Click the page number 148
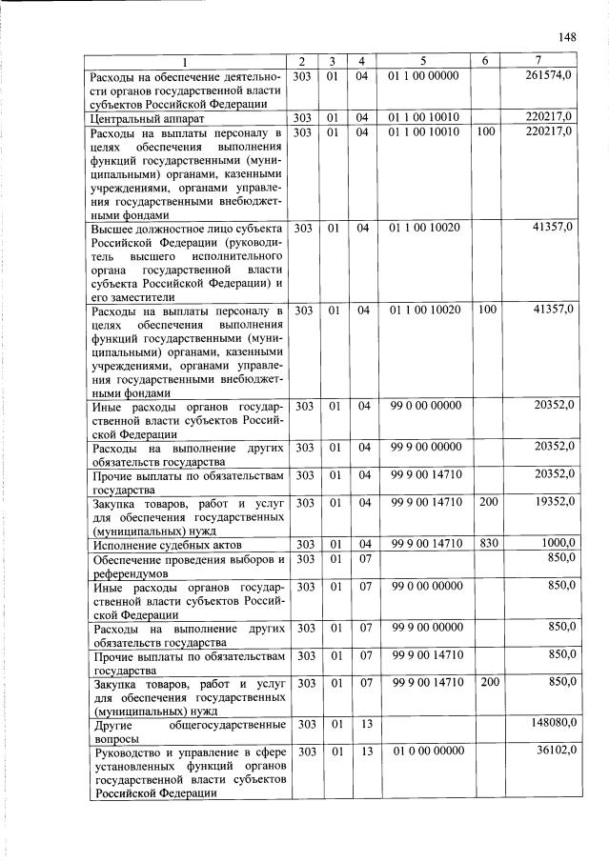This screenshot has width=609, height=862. point(567,37)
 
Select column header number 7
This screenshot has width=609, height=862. point(539,62)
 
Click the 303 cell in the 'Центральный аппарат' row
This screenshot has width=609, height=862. point(305,117)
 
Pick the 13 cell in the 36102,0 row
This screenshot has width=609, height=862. point(364,751)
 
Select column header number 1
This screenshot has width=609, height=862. point(186,62)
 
